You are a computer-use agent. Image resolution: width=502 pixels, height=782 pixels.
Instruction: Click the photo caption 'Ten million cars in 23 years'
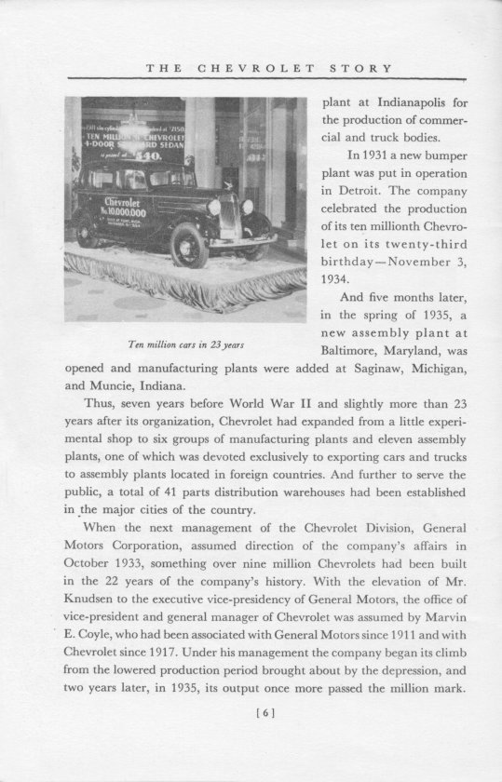click(x=184, y=346)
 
